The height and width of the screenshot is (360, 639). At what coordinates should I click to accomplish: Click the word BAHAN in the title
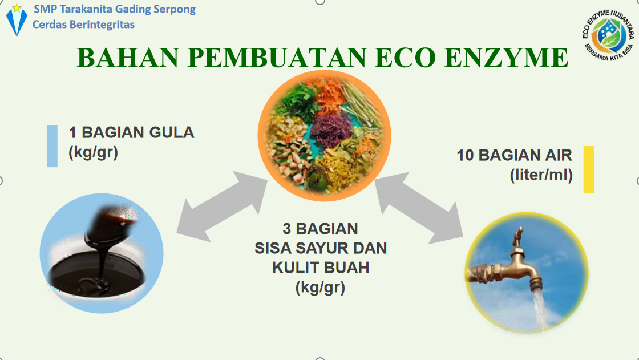(x=128, y=58)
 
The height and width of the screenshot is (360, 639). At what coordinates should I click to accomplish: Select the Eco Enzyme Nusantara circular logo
(x=608, y=36)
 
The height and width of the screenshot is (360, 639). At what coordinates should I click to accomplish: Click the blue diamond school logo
(x=17, y=21)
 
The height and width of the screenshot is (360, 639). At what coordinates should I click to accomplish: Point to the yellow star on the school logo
(x=17, y=8)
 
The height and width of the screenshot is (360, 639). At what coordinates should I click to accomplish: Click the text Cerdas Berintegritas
(x=83, y=25)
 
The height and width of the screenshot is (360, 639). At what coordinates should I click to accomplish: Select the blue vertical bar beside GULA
(x=52, y=146)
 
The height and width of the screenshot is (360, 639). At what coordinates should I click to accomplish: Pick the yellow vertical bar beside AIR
(x=588, y=169)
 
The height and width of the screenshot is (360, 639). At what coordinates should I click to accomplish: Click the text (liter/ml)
(x=541, y=175)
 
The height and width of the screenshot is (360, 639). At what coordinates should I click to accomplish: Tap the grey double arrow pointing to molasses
(x=222, y=207)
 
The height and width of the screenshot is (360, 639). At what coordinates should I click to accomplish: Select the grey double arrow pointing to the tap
(x=419, y=208)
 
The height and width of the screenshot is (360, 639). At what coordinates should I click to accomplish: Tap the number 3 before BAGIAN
(x=286, y=229)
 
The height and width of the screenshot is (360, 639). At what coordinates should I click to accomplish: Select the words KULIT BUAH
(x=321, y=268)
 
